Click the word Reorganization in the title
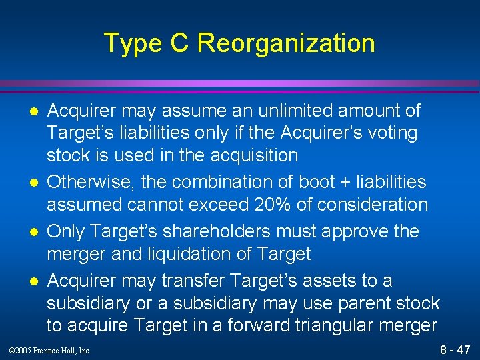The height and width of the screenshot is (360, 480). click(286, 44)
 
